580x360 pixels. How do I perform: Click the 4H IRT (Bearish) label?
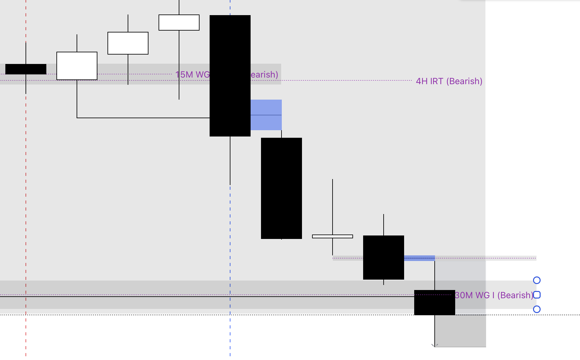449,81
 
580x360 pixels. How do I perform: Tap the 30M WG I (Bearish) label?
494,295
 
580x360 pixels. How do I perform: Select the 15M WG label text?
192,75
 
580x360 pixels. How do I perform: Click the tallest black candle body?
230,76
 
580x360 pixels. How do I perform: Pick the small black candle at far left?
26,69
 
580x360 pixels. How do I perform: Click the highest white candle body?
179,22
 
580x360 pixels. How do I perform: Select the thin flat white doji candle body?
333,236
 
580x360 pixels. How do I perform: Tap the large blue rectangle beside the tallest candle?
266,115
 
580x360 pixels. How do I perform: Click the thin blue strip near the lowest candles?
419,258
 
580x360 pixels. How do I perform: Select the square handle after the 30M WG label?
537,295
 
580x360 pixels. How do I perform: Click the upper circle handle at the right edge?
537,280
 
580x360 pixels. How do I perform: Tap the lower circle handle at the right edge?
537,309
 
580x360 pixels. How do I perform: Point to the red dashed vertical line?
26,189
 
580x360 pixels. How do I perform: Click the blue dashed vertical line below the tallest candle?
230,252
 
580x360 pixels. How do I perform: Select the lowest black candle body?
434,303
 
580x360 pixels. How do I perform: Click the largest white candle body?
77,66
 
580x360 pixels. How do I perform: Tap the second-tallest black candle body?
281,188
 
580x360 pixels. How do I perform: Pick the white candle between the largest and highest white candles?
128,43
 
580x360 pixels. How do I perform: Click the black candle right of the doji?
384,257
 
